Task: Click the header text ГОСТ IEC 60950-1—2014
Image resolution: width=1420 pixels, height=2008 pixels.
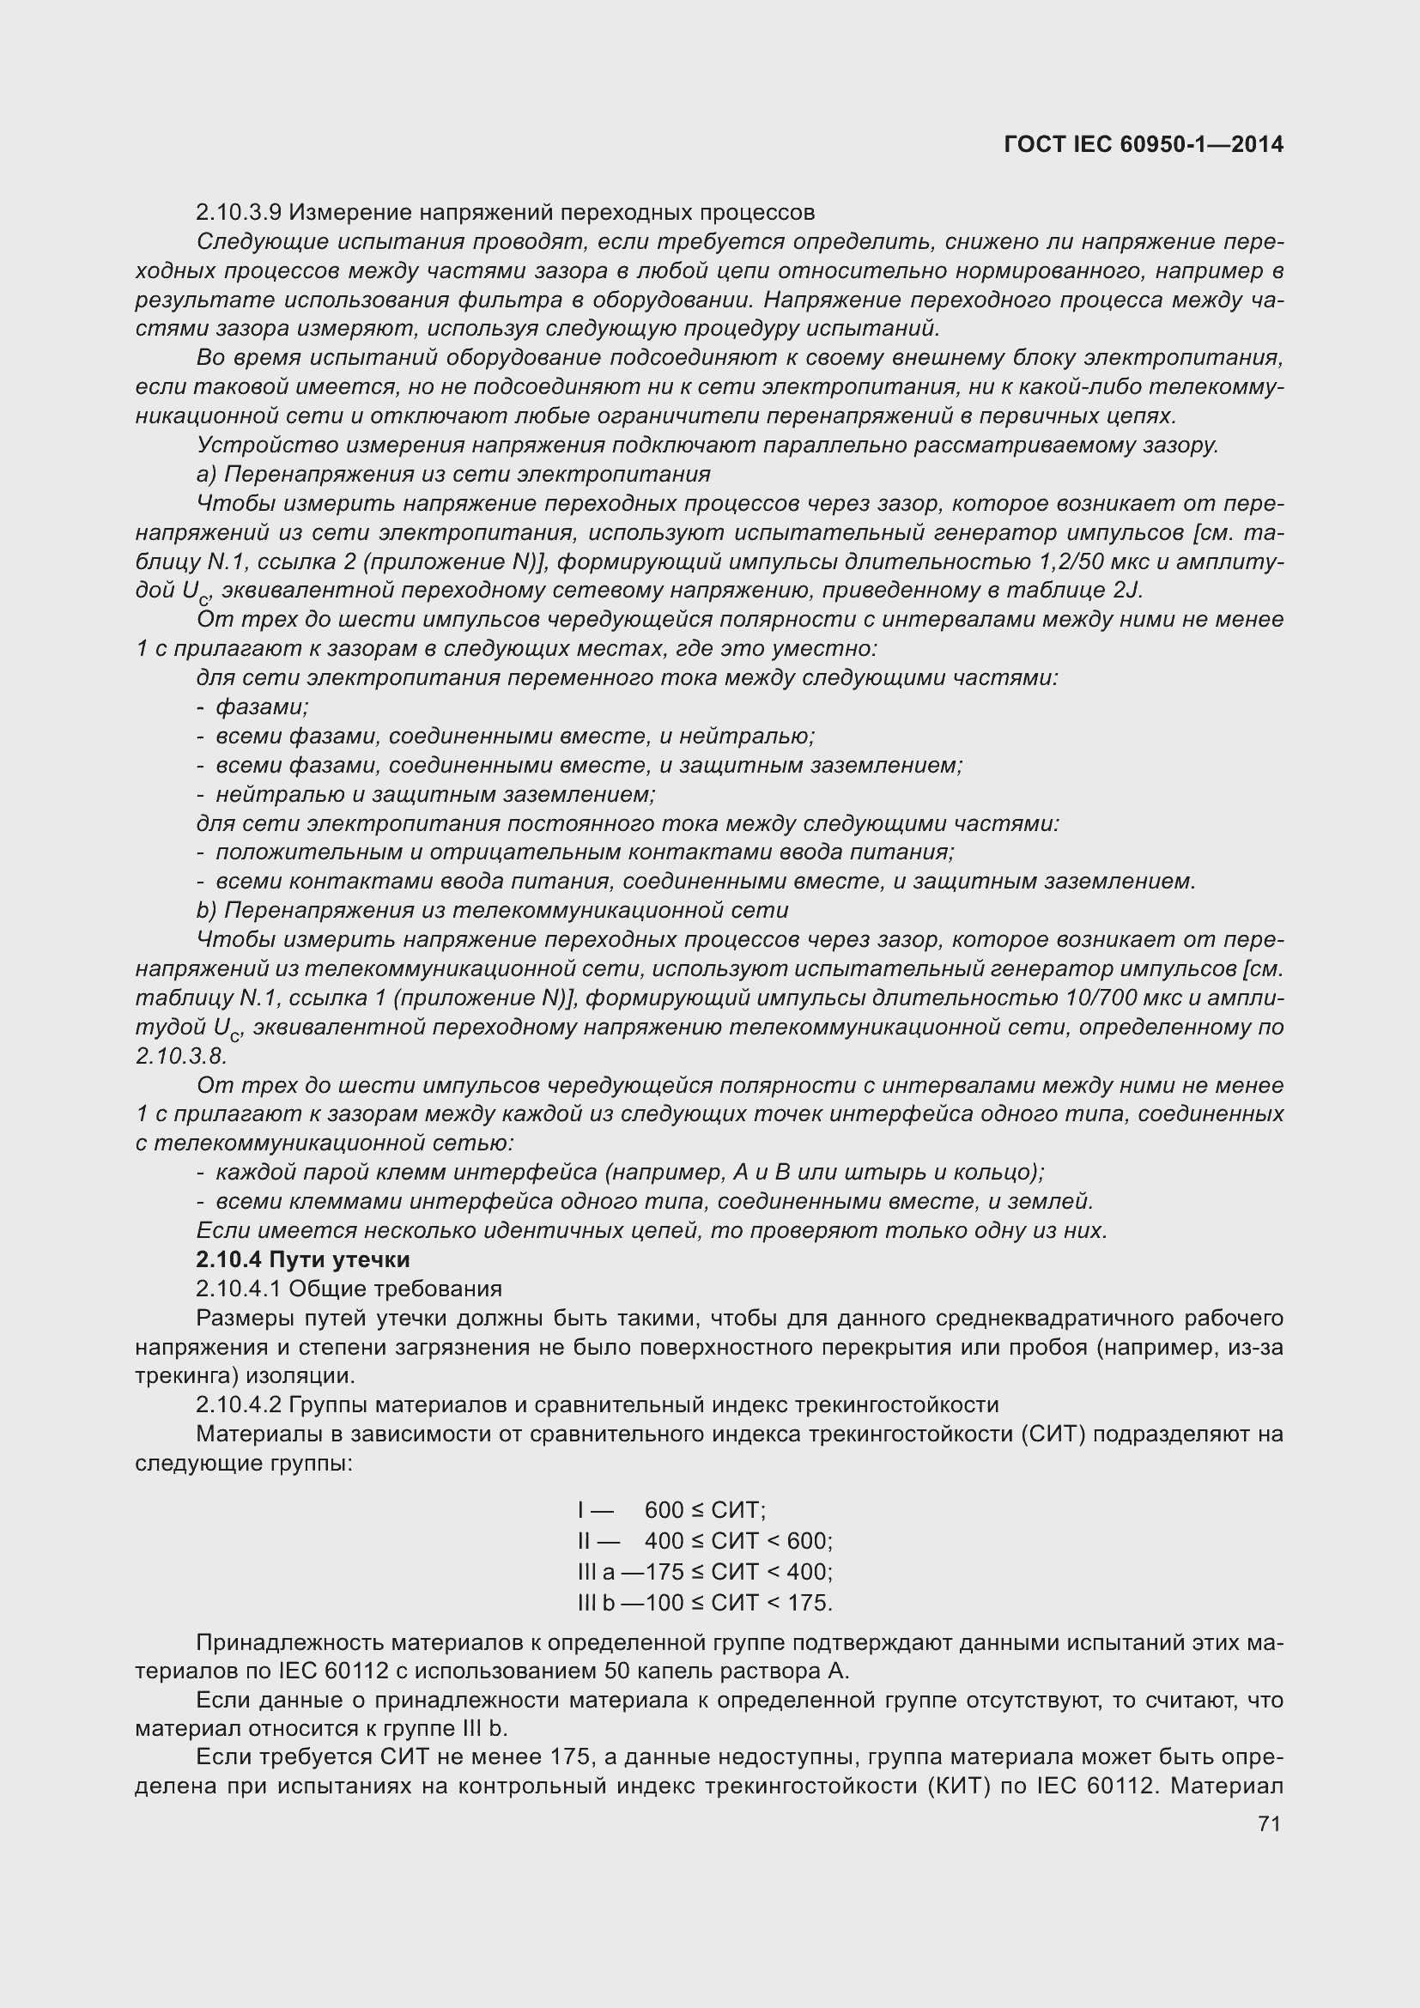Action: [x=1144, y=144]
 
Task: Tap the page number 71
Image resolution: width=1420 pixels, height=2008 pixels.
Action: [x=1269, y=1823]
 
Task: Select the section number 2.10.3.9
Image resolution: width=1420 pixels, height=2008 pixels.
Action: [x=239, y=213]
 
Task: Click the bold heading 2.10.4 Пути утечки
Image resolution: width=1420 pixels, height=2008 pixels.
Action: [x=302, y=1259]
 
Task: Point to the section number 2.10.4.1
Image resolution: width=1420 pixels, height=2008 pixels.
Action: [x=239, y=1289]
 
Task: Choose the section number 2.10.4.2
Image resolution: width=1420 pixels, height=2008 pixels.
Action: [x=239, y=1404]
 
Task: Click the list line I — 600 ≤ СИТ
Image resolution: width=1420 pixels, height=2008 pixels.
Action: [x=671, y=1509]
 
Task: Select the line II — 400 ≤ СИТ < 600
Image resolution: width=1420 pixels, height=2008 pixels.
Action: [x=705, y=1540]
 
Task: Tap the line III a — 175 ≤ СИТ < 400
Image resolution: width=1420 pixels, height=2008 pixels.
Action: [x=705, y=1572]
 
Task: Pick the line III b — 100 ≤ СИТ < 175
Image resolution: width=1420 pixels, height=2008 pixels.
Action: [x=705, y=1602]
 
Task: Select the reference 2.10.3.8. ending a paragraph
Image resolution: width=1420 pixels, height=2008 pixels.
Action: [x=181, y=1056]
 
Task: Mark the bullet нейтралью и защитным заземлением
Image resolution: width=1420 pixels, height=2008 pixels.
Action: [x=435, y=794]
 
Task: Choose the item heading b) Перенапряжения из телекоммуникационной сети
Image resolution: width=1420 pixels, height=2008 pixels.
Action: [x=492, y=910]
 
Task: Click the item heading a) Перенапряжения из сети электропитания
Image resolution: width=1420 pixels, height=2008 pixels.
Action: [x=453, y=474]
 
